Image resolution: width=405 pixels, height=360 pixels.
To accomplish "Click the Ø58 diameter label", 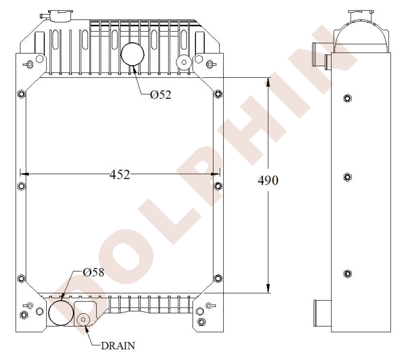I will click(94, 272).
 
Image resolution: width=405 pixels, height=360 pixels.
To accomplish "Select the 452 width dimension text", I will click(119, 175).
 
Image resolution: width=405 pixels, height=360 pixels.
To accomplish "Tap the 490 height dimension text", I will click(268, 181).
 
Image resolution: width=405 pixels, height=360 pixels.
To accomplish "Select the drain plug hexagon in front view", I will click(84, 319).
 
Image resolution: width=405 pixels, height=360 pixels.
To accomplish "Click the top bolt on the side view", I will click(347, 98).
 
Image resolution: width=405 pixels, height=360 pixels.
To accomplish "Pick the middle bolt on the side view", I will click(347, 177).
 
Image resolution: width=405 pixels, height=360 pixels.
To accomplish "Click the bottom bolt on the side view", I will click(347, 274).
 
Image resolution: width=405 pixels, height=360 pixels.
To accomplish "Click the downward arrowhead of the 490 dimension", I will click(268, 288).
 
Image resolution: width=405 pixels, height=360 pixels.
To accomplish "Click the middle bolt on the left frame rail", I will click(21, 186).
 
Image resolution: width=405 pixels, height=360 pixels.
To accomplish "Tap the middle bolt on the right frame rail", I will click(218, 186).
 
